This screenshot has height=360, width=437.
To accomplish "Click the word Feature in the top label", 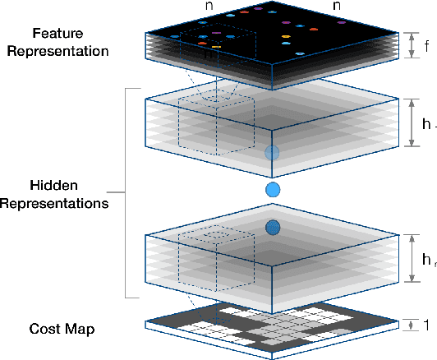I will (x=57, y=34).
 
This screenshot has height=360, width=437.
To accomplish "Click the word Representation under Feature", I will (x=57, y=50).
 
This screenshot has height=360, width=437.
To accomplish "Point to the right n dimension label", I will (x=337, y=7).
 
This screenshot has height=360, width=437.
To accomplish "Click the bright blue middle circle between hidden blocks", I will (x=273, y=191).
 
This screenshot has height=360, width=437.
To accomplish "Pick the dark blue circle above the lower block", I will (x=273, y=227).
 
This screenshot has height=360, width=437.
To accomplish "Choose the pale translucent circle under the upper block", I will (x=273, y=154).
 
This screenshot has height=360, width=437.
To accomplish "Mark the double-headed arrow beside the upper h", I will (x=410, y=124).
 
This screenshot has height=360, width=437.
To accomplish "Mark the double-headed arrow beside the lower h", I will (x=410, y=259).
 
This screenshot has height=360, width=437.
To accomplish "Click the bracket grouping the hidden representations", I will (x=126, y=193).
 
